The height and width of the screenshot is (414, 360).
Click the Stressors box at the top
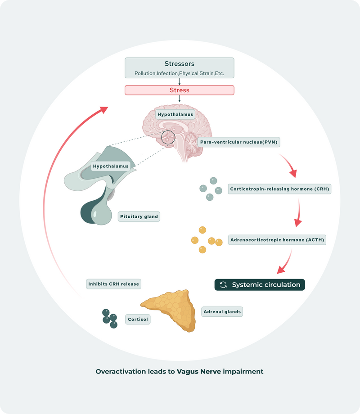tap(180, 67)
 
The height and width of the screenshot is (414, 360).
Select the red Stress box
tap(180, 90)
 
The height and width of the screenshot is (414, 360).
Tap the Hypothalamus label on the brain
tap(175, 114)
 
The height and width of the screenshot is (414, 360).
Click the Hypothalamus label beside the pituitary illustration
tap(111, 166)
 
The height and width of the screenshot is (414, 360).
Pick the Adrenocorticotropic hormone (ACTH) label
tap(277, 240)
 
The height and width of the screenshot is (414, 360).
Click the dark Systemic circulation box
tap(260, 284)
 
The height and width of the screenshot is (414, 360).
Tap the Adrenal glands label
tap(222, 311)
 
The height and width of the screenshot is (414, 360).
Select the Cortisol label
tap(137, 319)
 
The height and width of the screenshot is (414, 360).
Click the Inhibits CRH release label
tap(113, 284)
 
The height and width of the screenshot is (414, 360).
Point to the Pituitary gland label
tap(139, 216)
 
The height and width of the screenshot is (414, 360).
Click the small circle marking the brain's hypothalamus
tap(167, 137)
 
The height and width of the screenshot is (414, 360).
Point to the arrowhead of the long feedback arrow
tap(104, 109)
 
